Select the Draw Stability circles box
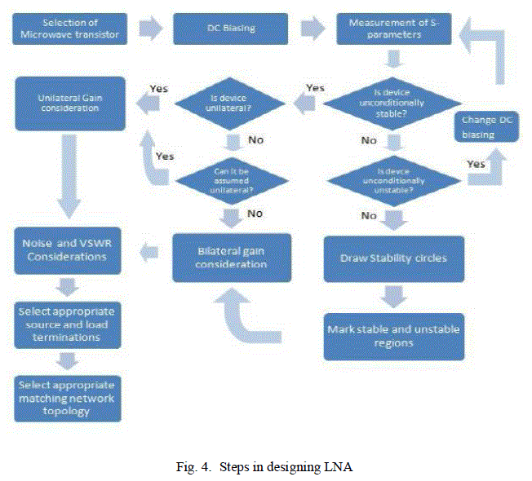[x=393, y=258]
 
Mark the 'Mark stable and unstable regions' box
[x=393, y=336]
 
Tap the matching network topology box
[x=68, y=399]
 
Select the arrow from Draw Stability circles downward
[x=393, y=296]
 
